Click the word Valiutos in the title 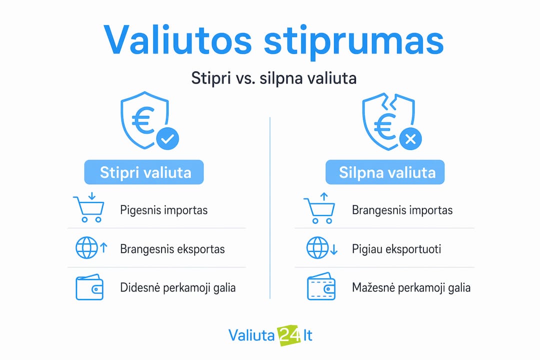point(177,40)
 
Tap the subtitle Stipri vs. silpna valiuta point(274,78)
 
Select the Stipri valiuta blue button point(144,172)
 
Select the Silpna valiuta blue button point(385,172)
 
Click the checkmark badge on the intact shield point(167,139)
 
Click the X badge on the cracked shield point(410,139)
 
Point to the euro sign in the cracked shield point(385,125)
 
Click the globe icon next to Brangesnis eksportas point(86,247)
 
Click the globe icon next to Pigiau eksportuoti point(317,247)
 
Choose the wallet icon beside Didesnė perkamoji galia point(89,287)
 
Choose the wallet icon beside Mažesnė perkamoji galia point(321,286)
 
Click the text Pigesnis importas point(164,210)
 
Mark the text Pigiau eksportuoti point(396,248)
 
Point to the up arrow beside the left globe point(103,247)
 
